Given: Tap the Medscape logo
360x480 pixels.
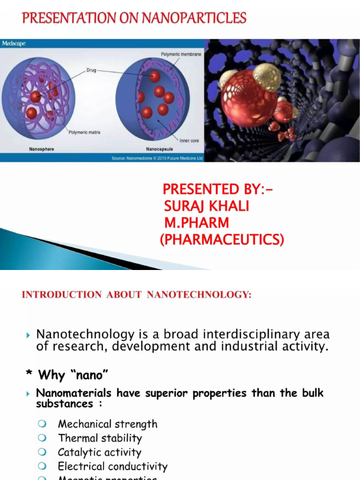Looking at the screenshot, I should pos(14,44).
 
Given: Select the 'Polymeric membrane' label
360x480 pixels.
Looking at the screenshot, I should pos(181,54).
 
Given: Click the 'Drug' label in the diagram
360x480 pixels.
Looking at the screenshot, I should pos(91,69).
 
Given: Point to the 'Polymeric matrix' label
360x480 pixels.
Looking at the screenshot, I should pos(84,133).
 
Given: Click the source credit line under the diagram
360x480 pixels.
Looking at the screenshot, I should pos(157,158).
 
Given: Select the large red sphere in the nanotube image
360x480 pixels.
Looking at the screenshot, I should pos(248,98).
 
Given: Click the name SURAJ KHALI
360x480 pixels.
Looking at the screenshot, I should pos(206,206).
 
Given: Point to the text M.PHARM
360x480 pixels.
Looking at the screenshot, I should pos(197,223).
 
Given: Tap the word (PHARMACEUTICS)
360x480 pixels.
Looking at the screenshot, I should pos(222,240).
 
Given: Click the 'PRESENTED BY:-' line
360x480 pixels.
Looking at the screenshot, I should pos(217,189).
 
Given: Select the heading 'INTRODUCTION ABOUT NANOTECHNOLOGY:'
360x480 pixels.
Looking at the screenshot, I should pos(137,295).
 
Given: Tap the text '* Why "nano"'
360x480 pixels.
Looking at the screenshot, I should pos(68,375).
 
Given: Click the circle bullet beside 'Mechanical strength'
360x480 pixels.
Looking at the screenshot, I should pos(43,424).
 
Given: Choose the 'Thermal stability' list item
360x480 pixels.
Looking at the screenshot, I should pos(99,438).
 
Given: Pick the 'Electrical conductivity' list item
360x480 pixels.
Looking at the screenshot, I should pos(112,466).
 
